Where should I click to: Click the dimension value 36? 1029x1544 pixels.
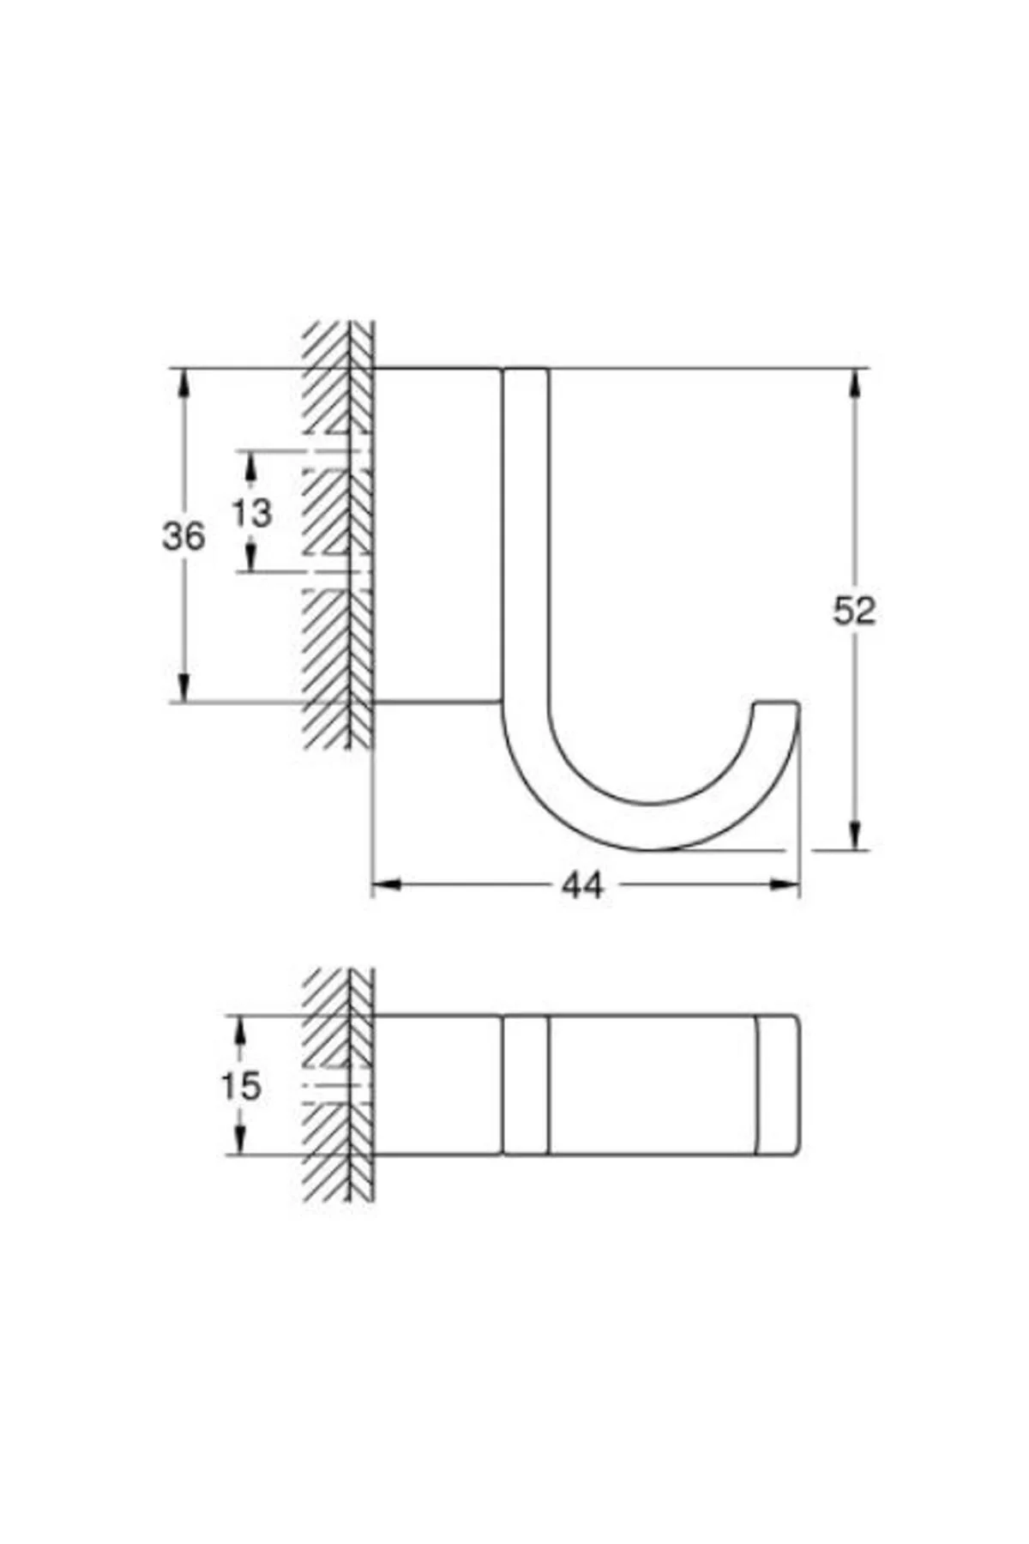point(184,537)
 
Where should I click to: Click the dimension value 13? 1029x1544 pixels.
point(252,513)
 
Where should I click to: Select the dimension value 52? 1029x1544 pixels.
point(854,611)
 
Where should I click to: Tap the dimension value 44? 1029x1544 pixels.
point(583,885)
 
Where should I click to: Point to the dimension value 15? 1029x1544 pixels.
point(241,1086)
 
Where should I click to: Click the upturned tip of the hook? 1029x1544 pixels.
point(778,705)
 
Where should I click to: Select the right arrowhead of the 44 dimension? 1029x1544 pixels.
point(785,885)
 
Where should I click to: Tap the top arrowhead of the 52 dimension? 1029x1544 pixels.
point(854,383)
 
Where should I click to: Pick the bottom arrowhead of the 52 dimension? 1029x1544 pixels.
point(854,835)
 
